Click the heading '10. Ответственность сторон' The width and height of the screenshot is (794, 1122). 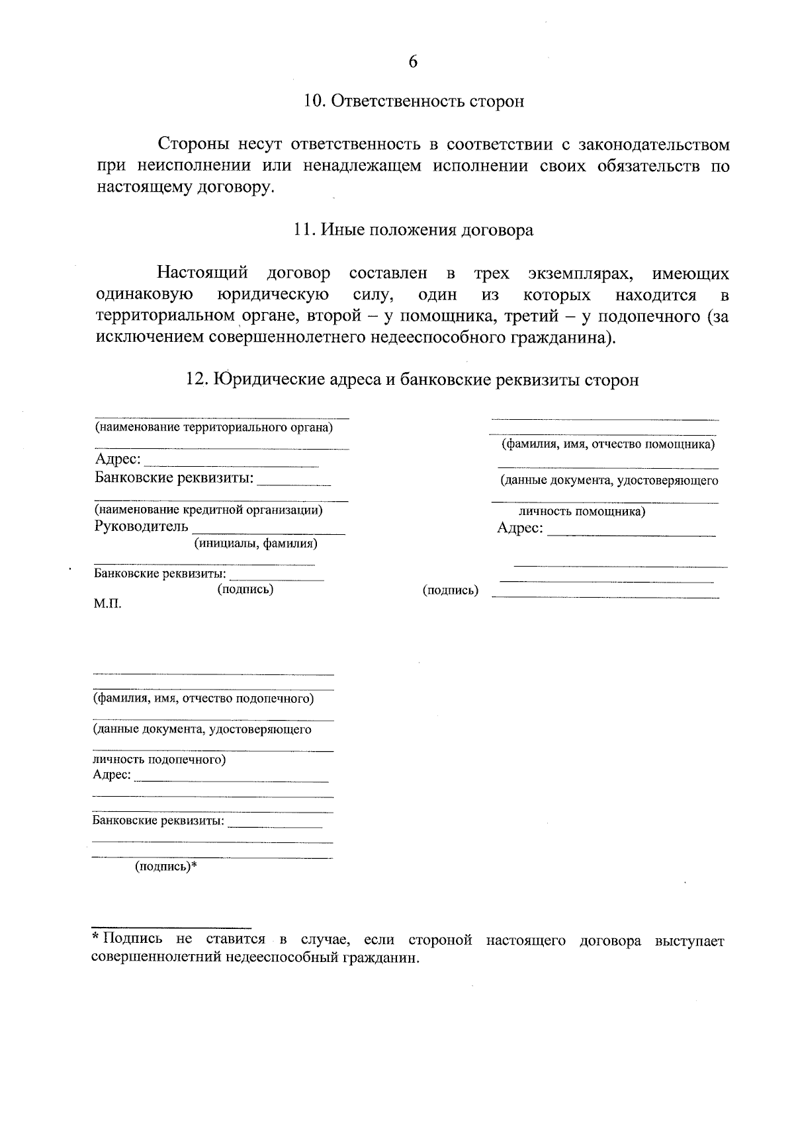click(414, 101)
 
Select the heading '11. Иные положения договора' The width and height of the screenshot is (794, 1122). click(414, 230)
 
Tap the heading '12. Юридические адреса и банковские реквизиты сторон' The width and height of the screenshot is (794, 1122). click(414, 380)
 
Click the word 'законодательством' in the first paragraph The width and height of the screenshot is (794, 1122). click(654, 145)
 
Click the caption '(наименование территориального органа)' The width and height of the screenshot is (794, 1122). click(214, 427)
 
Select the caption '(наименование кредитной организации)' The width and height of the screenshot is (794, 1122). click(208, 510)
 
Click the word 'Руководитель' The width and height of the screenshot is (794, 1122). click(142, 527)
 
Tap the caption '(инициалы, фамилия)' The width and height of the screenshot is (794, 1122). click(255, 543)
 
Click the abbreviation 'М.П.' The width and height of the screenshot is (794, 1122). click(108, 604)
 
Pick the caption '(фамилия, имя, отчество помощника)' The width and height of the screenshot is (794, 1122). click(608, 444)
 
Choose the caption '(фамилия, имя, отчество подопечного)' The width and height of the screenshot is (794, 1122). click(203, 698)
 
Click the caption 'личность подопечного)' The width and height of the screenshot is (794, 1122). click(159, 760)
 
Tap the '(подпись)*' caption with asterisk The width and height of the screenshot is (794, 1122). click(166, 867)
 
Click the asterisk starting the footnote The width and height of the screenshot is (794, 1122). click(96, 938)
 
